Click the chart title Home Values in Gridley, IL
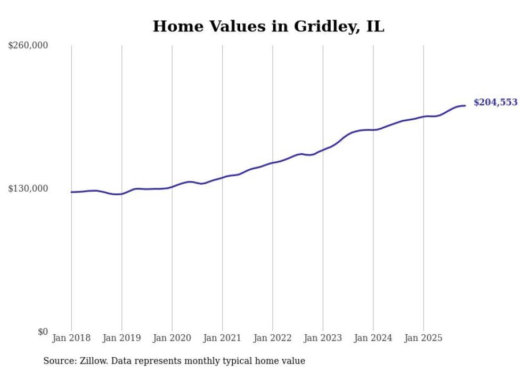tap(268, 26)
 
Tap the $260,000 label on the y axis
tap(28, 46)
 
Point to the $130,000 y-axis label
tap(28, 188)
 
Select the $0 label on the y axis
tap(43, 332)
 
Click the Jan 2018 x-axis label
tap(71, 338)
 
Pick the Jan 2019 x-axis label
tap(121, 338)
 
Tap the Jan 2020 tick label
tap(172, 338)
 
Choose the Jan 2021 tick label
tap(222, 338)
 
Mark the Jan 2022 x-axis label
tap(273, 338)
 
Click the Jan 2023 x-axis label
tap(323, 338)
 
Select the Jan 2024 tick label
tap(373, 338)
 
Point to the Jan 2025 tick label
tap(423, 338)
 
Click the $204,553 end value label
tap(495, 102)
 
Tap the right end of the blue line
tap(465, 105)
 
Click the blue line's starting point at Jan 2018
tap(71, 192)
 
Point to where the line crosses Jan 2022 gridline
tap(273, 163)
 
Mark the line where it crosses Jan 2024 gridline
tap(373, 130)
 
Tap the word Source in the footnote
tap(59, 361)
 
